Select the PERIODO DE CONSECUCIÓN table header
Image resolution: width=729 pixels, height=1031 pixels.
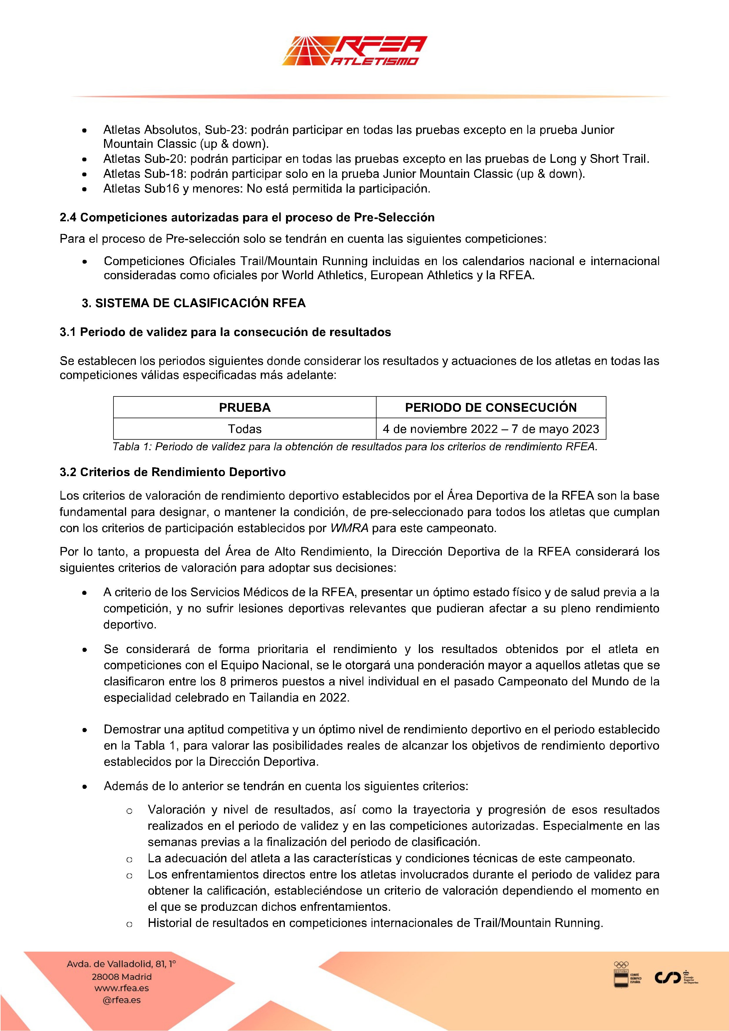coord(491,407)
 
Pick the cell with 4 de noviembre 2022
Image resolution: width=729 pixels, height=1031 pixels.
coord(491,429)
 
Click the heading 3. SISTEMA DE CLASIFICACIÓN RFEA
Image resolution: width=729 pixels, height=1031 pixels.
coord(194,303)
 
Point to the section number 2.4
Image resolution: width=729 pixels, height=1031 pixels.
coord(68,217)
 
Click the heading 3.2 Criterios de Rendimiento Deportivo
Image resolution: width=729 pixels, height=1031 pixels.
coord(173,472)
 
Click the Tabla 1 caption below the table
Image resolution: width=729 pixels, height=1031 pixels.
coord(355,447)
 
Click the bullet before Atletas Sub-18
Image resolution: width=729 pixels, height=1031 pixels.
coord(84,174)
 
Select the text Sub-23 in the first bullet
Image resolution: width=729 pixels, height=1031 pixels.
coord(226,130)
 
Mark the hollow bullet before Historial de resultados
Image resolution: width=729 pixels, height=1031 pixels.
coord(129,924)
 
